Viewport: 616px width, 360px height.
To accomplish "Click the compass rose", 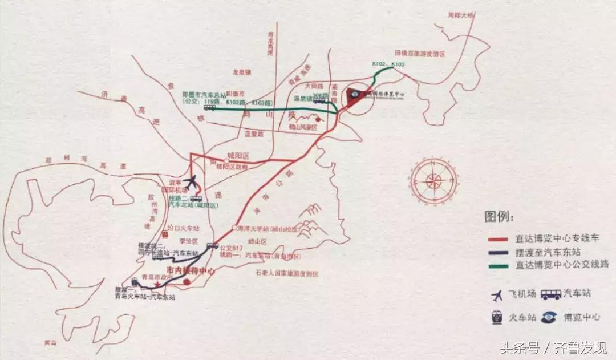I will coord(433,181).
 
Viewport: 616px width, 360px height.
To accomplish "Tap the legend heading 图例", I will coord(499,217).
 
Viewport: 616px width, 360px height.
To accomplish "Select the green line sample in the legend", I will coord(499,265).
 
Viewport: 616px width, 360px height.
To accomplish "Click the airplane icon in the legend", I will coord(497,295).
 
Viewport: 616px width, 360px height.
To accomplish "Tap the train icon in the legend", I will coord(497,318).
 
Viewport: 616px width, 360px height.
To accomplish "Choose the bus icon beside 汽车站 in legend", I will coord(551,294).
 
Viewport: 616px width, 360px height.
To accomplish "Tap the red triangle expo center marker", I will coord(356,96).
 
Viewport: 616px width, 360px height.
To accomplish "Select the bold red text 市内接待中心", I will coord(191,271).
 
